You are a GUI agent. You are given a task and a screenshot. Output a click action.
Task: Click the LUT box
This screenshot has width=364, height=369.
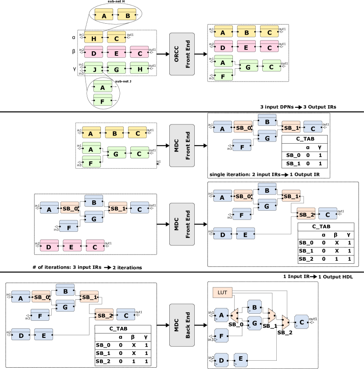tap(222, 292)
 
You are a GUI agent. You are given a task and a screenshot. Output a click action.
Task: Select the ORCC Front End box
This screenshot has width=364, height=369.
tap(182, 54)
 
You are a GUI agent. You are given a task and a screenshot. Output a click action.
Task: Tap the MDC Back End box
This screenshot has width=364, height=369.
tap(182, 325)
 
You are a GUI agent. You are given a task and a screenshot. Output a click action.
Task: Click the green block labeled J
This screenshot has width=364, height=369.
tap(94, 68)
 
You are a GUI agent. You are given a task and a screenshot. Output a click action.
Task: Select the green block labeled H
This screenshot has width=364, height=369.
tap(139, 68)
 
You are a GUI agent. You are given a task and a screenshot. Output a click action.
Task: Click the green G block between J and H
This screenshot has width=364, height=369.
tap(117, 68)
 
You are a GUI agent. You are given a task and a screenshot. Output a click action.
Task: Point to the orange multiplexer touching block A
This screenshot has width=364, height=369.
tap(235, 315)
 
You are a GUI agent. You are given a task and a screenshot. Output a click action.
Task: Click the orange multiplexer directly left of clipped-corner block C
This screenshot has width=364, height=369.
tap(285, 322)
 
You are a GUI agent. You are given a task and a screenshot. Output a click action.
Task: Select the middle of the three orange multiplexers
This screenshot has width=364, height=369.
tap(271, 315)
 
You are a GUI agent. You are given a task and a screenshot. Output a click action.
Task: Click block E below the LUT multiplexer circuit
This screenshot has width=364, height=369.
tap(241, 360)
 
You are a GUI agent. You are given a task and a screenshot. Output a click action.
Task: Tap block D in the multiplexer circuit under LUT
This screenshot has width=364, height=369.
tap(221, 360)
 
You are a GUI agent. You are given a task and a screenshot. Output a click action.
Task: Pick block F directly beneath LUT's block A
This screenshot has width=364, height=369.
tap(221, 336)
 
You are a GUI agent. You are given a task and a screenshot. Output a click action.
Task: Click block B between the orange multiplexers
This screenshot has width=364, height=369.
tap(254, 307)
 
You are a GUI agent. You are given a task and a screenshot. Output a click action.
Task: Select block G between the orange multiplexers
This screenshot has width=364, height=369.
tap(254, 323)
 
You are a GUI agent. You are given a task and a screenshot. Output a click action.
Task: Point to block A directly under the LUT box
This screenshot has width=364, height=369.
tap(221, 315)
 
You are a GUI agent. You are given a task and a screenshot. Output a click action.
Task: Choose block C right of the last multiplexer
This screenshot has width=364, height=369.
tap(302, 322)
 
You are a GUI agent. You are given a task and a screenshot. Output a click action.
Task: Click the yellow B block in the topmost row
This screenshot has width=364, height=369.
tap(127, 14)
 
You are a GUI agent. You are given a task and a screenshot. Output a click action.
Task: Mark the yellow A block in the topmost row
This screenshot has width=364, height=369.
tap(104, 14)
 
